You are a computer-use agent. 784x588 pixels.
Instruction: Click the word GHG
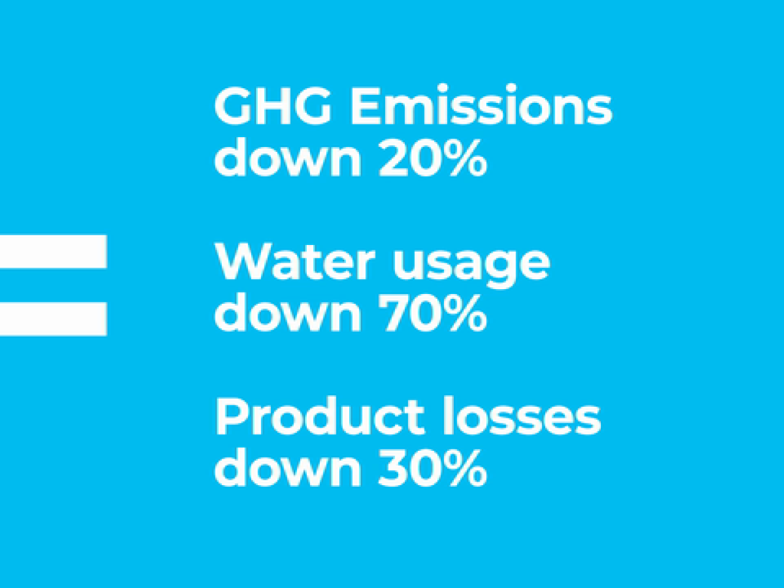coord(273,107)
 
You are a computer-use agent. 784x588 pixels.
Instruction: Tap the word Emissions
coord(481,104)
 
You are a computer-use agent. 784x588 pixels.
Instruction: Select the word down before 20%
coord(287,157)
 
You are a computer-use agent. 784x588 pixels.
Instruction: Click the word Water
coord(295,262)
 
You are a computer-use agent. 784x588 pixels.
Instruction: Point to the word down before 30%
coord(287,466)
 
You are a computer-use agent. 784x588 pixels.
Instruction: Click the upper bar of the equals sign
coord(53,251)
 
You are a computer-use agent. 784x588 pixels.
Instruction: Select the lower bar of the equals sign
coord(53,319)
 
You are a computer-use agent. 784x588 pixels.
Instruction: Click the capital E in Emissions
coord(364,107)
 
